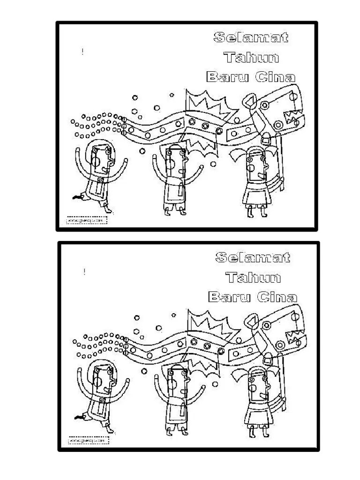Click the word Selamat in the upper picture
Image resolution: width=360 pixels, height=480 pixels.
[x=251, y=37]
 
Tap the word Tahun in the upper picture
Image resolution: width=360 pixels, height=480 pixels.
[x=252, y=58]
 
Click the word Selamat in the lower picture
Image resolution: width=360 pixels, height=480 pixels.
[x=253, y=257]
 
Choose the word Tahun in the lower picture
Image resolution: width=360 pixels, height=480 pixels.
[x=253, y=277]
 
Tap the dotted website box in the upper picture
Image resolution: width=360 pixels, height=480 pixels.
[x=87, y=220]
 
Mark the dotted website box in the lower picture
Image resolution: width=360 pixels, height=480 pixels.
[x=89, y=441]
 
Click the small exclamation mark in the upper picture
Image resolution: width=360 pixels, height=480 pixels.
[x=82, y=52]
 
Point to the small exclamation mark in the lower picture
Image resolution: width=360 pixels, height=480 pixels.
[x=84, y=272]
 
